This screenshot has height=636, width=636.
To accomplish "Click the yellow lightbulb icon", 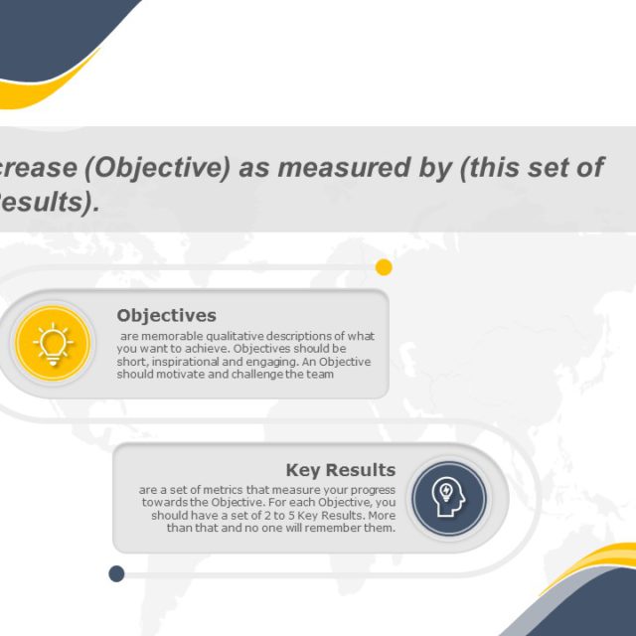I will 54,344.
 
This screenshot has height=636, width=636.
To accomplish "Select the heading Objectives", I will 166,316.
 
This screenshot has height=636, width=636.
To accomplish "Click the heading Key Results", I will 341,470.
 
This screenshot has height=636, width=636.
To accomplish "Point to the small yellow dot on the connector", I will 384,267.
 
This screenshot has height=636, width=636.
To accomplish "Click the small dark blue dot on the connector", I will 116,573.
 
